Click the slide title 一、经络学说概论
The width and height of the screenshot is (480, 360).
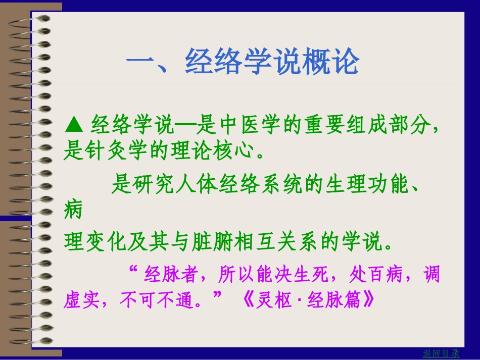point(243,62)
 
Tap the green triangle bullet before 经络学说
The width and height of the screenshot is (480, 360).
point(74,123)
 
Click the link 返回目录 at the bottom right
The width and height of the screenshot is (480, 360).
point(441,353)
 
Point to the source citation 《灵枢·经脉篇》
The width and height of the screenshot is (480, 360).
point(307,300)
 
